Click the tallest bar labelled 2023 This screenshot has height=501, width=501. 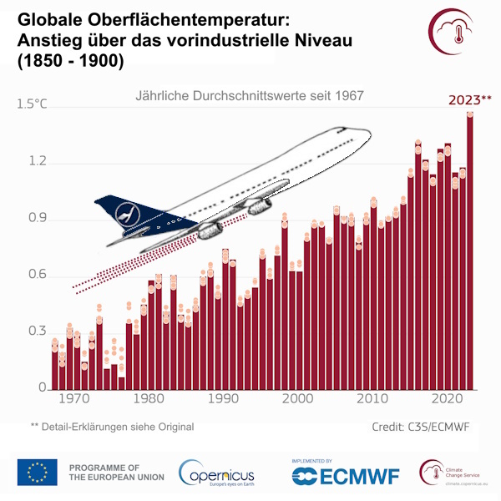470,250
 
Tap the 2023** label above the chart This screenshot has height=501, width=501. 470,99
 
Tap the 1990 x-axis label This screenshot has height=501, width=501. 224,399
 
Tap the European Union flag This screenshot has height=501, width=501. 38,472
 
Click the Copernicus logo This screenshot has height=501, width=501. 216,473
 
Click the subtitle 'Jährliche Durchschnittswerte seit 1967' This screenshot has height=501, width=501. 249,96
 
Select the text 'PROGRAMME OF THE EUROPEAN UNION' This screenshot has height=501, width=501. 116,472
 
